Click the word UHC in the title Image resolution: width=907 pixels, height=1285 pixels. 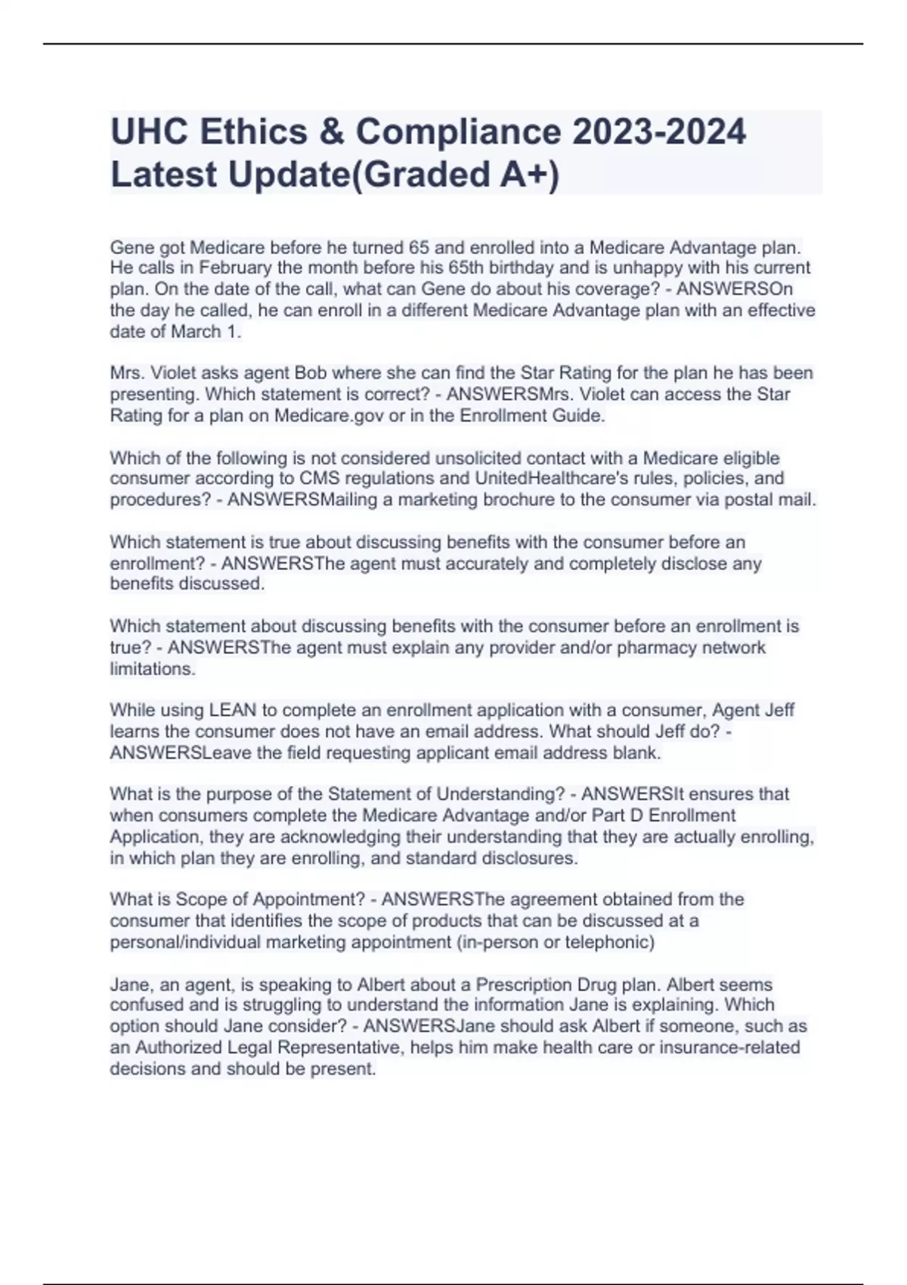(148, 132)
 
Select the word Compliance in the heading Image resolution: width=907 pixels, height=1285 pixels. (458, 132)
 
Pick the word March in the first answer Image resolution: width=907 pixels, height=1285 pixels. (196, 332)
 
